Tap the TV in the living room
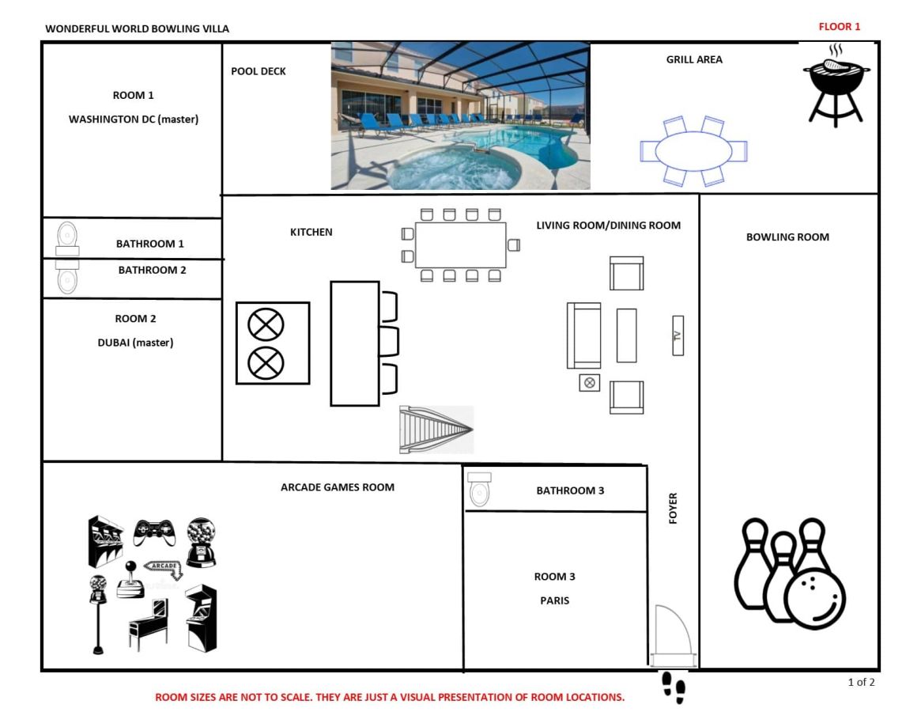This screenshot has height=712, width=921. pyautogui.click(x=678, y=335)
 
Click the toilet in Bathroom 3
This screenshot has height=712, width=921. pyautogui.click(x=480, y=489)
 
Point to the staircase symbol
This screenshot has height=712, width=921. pyautogui.click(x=436, y=430)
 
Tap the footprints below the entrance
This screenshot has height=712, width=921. pyautogui.click(x=674, y=687)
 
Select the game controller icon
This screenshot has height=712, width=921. pyautogui.click(x=154, y=532)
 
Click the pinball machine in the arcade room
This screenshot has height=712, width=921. pyautogui.click(x=149, y=624)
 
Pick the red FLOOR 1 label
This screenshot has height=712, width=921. pyautogui.click(x=840, y=26)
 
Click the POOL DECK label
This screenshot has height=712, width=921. pyautogui.click(x=259, y=71)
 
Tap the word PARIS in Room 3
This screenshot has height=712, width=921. pyautogui.click(x=554, y=600)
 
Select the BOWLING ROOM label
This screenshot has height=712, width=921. pyautogui.click(x=787, y=237)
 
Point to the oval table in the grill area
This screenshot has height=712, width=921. pyautogui.click(x=693, y=151)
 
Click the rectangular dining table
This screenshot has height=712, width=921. pyautogui.click(x=460, y=244)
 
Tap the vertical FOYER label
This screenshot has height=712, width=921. pyautogui.click(x=673, y=508)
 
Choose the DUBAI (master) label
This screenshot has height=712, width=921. pyautogui.click(x=136, y=343)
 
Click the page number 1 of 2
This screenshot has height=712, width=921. pyautogui.click(x=861, y=682)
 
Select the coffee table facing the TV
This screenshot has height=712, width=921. pyautogui.click(x=627, y=335)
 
